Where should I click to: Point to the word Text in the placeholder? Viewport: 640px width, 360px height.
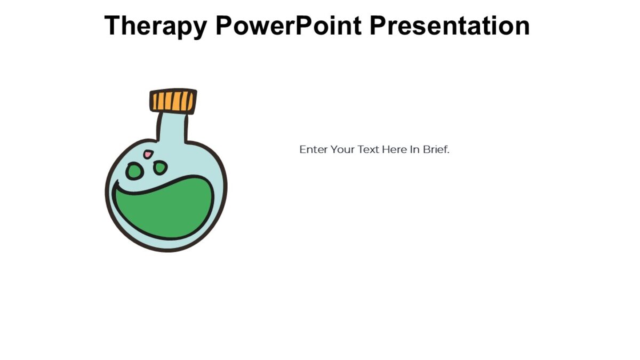369,149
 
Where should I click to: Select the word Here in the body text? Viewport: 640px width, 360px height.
394,149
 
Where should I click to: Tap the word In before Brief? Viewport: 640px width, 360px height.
415,149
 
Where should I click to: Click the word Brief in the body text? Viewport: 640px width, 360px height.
435,149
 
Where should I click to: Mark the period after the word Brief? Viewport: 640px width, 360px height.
449,153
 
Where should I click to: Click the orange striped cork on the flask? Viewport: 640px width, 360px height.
173,101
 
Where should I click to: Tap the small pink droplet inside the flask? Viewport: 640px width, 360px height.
148,155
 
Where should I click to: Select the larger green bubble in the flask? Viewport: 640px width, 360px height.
134,171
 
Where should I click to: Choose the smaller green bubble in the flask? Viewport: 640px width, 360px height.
159,168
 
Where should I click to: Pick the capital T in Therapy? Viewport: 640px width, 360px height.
113,26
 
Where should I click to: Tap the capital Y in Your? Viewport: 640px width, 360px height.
333,149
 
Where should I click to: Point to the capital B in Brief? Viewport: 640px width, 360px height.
426,149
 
